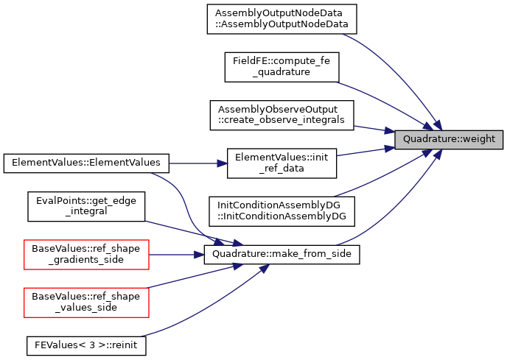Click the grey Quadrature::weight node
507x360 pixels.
click(x=449, y=139)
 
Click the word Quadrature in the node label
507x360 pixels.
click(x=426, y=139)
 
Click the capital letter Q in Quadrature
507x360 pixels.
click(x=407, y=139)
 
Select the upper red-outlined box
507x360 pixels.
click(x=86, y=255)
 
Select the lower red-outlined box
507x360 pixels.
click(x=86, y=303)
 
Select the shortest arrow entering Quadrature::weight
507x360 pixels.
click(x=372, y=129)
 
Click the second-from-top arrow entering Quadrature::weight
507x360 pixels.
click(x=383, y=99)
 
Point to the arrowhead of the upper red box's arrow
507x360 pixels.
click(x=200, y=255)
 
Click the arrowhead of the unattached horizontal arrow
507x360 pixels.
click(x=223, y=163)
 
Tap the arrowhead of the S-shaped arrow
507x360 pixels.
click(x=219, y=241)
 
